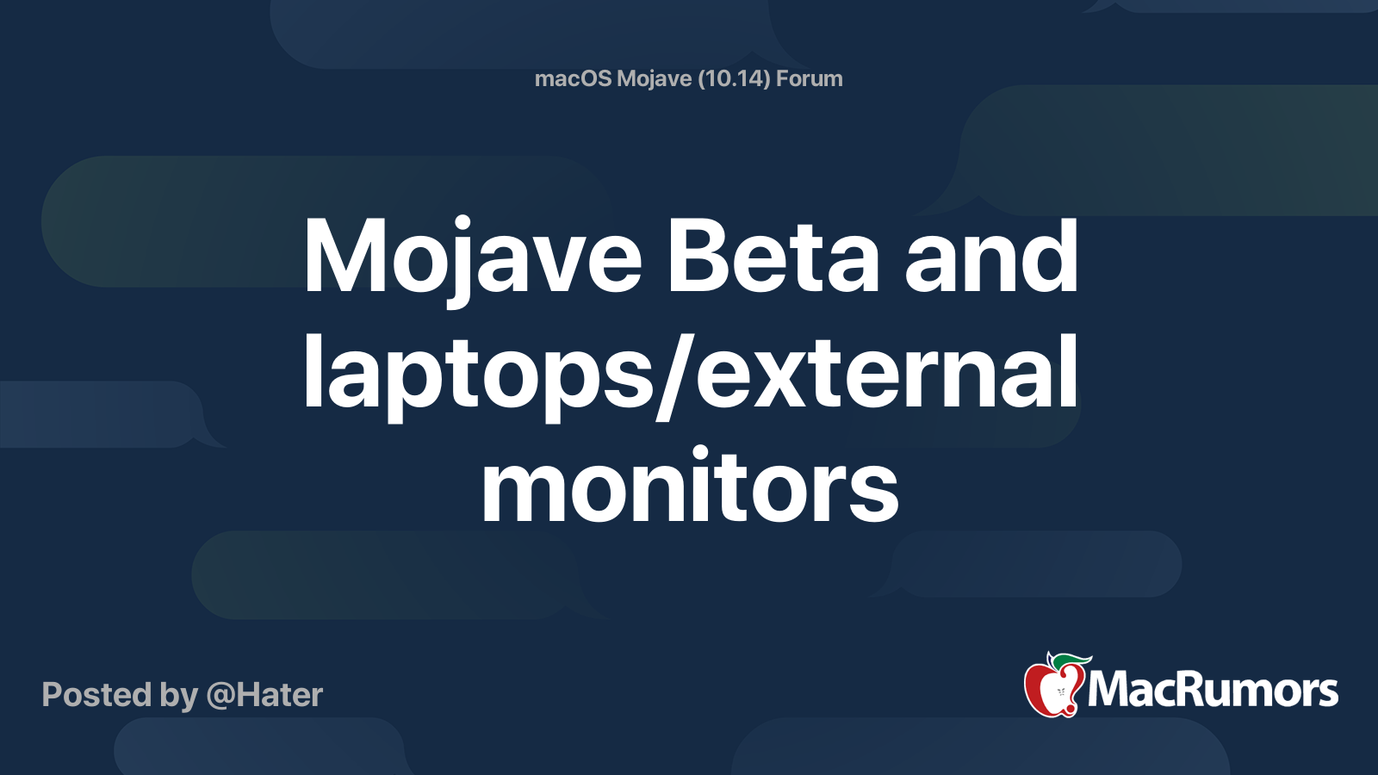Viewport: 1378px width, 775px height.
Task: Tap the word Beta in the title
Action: (x=773, y=257)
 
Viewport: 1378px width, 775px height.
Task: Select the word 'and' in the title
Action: (x=990, y=257)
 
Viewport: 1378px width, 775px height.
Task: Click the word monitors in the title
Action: (x=690, y=489)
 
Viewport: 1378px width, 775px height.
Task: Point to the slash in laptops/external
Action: (x=674, y=375)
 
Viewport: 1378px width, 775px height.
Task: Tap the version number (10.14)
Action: (x=733, y=78)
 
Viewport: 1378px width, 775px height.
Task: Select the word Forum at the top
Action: (x=810, y=78)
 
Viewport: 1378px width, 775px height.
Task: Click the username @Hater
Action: (x=264, y=695)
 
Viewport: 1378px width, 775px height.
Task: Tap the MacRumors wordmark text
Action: (x=1213, y=691)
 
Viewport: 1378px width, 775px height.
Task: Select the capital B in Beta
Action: (x=697, y=257)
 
